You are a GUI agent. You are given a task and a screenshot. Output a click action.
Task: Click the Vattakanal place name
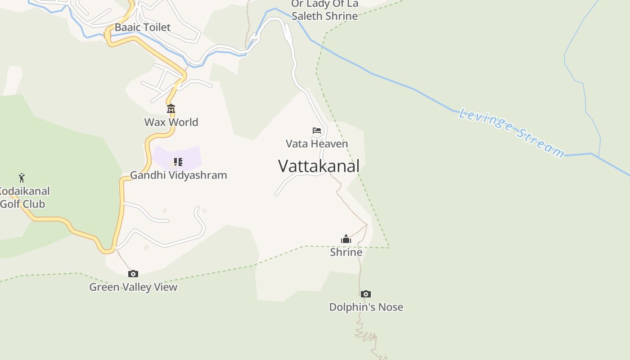[x=319, y=166]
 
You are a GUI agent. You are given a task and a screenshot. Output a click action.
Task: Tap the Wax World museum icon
[x=171, y=109]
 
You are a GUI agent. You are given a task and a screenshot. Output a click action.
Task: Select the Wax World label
[x=171, y=122]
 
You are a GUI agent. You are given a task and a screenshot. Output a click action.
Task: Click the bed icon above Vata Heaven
[x=317, y=130]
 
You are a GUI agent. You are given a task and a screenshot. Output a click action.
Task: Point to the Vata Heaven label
[x=317, y=144]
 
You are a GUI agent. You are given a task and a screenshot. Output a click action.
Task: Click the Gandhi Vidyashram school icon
[x=178, y=162]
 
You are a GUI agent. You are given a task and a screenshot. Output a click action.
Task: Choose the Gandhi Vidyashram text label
[x=178, y=175]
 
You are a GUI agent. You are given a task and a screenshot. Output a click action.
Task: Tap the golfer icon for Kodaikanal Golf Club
[x=22, y=178]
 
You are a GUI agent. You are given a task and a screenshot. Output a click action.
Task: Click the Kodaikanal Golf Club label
[x=23, y=198]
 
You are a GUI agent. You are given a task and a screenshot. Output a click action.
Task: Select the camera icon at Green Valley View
[x=133, y=274]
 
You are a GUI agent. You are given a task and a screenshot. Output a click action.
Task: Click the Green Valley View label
[x=133, y=287]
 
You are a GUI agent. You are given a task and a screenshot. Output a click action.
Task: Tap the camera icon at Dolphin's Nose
[x=366, y=294]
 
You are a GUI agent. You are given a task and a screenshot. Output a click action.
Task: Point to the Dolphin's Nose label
[x=366, y=307]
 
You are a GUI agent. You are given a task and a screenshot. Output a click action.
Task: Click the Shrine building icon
[x=346, y=239]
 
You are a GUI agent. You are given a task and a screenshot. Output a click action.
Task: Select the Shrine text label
[x=346, y=252]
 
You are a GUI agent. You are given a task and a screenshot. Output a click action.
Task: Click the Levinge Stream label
[x=511, y=133]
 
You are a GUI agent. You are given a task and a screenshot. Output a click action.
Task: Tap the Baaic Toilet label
[x=143, y=27]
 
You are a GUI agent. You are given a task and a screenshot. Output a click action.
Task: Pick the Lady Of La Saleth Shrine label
[x=324, y=10]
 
